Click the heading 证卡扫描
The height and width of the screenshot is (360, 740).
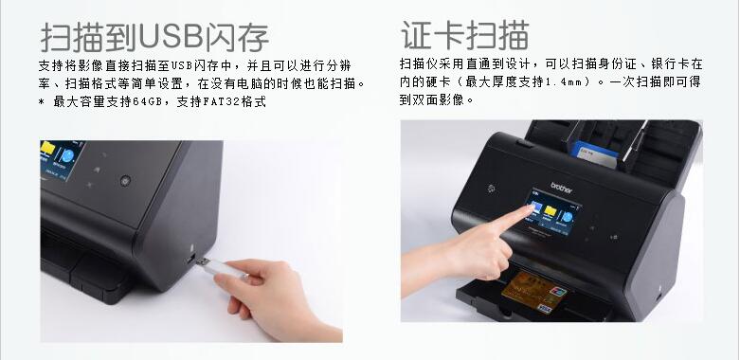465,35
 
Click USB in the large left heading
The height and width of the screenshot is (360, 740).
171,36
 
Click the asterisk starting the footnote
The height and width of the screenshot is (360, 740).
42,102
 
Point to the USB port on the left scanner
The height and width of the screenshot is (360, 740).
190,258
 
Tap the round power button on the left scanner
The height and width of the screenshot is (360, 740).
125,180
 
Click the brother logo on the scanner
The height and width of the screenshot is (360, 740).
561,188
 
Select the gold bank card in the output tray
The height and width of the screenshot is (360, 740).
533,293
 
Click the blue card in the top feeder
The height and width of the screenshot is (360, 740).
593,154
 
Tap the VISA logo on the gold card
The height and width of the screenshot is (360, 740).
545,309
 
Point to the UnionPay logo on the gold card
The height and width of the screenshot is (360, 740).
558,292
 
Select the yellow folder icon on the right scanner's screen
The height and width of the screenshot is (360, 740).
550,211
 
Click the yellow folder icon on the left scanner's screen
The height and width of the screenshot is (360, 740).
47,148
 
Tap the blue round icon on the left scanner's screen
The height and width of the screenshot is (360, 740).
67,155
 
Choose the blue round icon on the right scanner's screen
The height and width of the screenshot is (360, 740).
567,217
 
